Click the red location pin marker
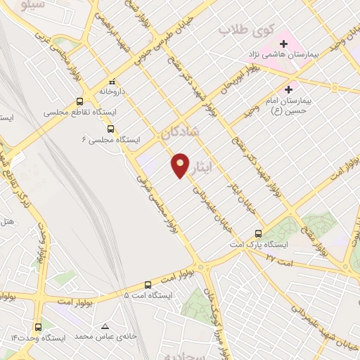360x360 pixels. click(x=181, y=165)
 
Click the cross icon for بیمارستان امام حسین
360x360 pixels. click(x=288, y=89)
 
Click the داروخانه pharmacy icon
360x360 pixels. click(x=112, y=81)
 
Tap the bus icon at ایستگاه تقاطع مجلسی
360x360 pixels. click(x=79, y=101)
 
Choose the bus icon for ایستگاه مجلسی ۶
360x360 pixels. click(x=110, y=128)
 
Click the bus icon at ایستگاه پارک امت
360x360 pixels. click(x=259, y=233)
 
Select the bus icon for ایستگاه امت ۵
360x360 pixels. click(x=148, y=285)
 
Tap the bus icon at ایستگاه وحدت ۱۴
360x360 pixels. click(x=38, y=327)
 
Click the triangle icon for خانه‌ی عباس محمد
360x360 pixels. click(x=105, y=327)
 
